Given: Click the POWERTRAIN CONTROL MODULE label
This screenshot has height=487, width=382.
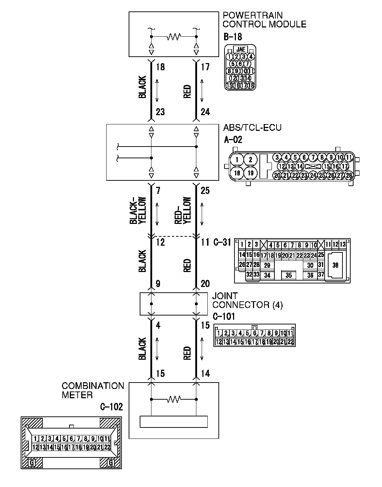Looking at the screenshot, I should (264, 20).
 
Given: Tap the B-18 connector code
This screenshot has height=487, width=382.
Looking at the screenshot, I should (233, 37).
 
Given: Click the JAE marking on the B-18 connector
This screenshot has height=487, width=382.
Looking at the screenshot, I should (241, 50).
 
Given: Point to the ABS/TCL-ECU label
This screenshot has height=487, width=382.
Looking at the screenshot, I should (252, 128).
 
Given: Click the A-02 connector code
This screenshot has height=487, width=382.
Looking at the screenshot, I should (233, 139).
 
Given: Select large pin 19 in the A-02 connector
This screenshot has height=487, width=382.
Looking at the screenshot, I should (251, 173).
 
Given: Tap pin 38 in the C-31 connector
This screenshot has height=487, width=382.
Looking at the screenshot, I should (335, 265).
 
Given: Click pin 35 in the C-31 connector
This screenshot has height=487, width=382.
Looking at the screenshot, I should (289, 275).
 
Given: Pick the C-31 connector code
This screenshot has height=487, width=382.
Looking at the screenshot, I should (222, 242).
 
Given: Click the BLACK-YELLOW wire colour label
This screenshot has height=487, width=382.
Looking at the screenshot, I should (138, 211).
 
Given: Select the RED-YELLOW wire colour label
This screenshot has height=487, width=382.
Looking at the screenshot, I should (183, 211).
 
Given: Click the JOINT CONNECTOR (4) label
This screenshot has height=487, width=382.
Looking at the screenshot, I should (247, 301).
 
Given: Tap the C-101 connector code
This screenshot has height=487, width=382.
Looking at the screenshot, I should (224, 317).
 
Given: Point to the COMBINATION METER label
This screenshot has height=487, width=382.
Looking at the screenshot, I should (93, 390).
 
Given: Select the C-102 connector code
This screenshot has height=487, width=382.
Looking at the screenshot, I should (112, 407).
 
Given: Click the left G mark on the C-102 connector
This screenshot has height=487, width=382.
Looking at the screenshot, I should (32, 463).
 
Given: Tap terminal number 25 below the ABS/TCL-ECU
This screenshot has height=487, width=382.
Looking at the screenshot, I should (205, 191).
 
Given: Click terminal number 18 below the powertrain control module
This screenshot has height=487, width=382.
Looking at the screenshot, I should (160, 67).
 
